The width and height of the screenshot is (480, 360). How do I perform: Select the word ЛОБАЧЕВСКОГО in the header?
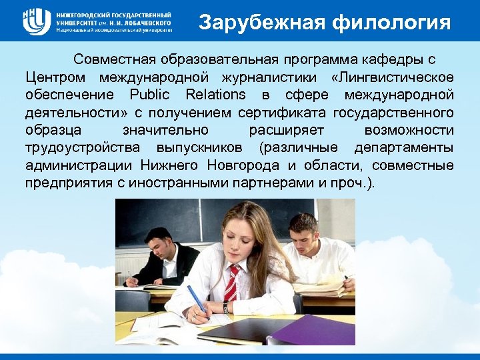(148, 22)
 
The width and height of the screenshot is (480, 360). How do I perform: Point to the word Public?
(150, 94)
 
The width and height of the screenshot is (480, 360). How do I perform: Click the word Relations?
(216, 94)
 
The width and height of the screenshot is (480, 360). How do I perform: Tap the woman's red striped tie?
(231, 283)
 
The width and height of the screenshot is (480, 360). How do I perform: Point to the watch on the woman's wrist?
(226, 307)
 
